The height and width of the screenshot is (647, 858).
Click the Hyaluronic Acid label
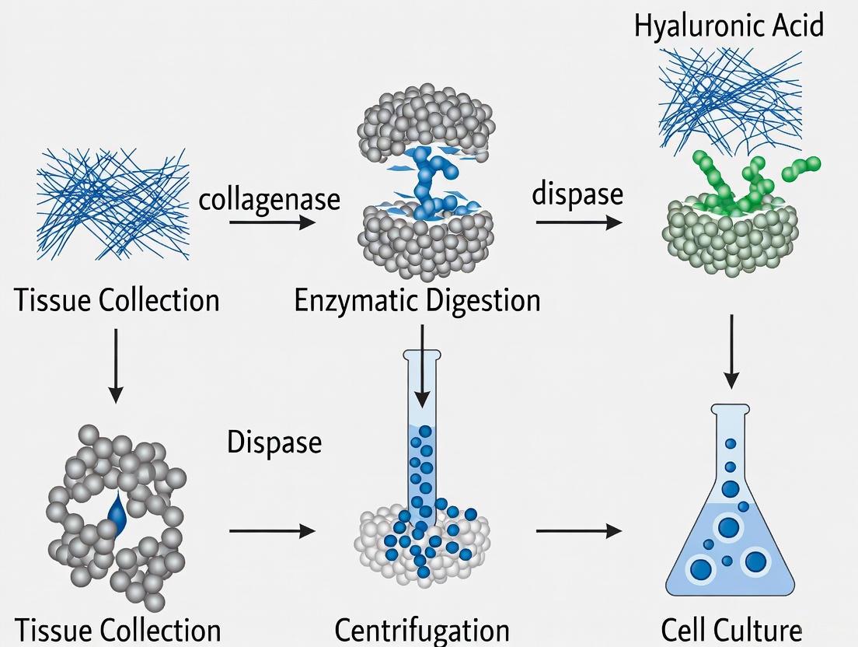click(x=728, y=26)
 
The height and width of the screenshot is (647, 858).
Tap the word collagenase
click(x=270, y=199)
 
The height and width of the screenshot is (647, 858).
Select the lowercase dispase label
click(x=577, y=194)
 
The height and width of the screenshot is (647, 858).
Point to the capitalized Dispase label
click(x=274, y=442)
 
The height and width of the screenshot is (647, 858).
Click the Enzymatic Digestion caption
click(x=417, y=300)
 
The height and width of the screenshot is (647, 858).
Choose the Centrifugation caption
click(x=422, y=630)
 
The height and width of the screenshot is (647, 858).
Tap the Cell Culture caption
click(x=731, y=630)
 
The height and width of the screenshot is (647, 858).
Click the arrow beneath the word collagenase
click(x=272, y=223)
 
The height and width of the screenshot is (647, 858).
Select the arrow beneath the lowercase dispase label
click(x=578, y=223)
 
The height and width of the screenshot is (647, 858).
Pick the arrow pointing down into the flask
click(x=731, y=351)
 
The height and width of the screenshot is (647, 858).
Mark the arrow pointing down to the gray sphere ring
click(x=115, y=365)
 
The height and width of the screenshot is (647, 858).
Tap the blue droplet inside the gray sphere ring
click(x=117, y=513)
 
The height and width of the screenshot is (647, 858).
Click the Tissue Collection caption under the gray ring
click(x=117, y=630)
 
